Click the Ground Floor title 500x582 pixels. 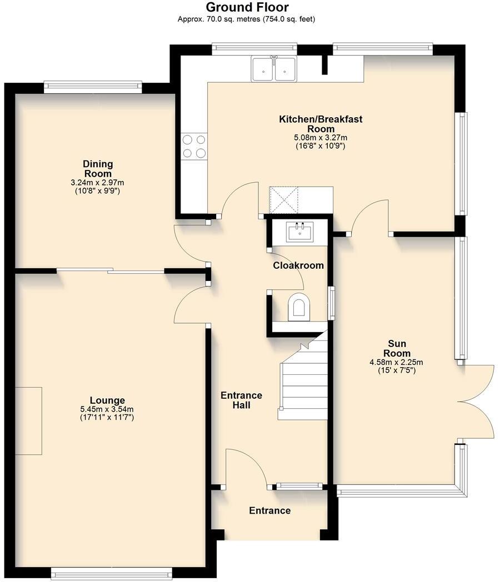tap(247, 7)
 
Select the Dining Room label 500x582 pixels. tap(98, 169)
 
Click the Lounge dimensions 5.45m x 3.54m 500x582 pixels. tap(107, 409)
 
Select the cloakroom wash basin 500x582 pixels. tap(300, 231)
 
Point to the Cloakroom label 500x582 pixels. tap(298, 265)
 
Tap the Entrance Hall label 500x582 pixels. tap(241, 400)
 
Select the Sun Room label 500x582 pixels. tap(397, 349)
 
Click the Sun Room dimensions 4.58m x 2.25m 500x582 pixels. tap(397, 362)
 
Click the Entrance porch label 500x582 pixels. tap(269, 510)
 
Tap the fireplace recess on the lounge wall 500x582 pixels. tap(28, 421)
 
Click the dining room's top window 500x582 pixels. tap(92, 86)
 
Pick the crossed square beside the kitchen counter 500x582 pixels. tap(284, 200)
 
